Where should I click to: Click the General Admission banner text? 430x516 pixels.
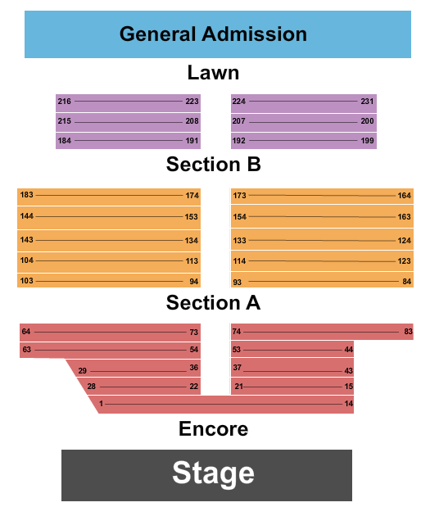213,34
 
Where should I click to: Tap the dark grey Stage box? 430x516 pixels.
206,474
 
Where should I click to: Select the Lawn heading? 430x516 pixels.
213,72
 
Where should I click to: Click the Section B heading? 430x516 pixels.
213,164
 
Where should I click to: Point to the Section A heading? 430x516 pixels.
213,302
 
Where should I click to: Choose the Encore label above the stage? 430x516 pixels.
213,428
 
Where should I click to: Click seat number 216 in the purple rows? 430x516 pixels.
65,102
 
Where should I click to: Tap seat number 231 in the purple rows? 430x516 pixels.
367,102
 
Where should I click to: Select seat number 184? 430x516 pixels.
65,141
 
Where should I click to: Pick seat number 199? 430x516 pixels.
367,141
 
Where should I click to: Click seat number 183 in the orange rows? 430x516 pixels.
27,195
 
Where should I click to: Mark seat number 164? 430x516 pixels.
404,195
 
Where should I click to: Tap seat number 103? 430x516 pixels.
27,281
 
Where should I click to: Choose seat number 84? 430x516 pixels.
406,283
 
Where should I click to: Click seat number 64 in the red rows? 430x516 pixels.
26,332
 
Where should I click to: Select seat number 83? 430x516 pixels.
408,332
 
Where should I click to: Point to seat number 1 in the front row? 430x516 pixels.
102,404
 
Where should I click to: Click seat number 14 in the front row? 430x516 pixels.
348,404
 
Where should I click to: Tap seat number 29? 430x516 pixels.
82,371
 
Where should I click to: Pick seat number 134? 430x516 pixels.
191,240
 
